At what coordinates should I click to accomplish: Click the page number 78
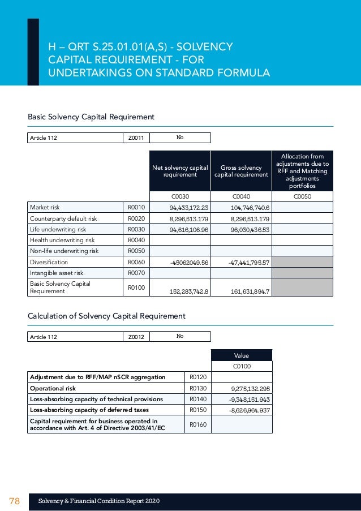[14, 501]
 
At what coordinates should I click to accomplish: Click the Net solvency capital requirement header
[180, 171]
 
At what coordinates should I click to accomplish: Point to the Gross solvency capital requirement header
[241, 171]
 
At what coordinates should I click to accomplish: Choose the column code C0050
[302, 196]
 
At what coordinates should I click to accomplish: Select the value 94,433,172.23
[189, 208]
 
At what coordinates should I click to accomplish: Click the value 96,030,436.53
[242, 230]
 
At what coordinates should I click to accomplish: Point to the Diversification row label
[49, 262]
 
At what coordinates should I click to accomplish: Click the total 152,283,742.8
[189, 291]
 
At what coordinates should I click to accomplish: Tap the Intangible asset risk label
[56, 273]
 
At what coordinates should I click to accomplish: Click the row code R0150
[197, 410]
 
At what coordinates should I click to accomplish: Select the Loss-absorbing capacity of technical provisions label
[96, 399]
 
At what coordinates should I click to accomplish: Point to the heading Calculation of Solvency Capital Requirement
[106, 316]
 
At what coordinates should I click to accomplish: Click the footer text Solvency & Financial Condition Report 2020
[99, 501]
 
